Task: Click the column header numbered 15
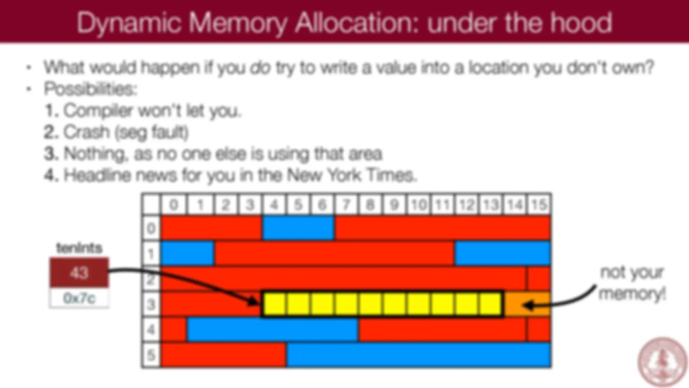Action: [x=539, y=204]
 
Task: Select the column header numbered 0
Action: [x=174, y=204]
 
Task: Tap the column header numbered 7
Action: [x=346, y=204]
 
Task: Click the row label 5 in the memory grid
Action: [x=151, y=355]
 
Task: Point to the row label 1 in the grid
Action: [x=151, y=254]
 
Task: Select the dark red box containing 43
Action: [x=79, y=273]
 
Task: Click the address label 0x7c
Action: [x=79, y=298]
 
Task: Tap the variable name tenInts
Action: [x=79, y=248]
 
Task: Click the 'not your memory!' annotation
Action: [x=632, y=283]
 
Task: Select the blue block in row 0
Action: [x=298, y=228]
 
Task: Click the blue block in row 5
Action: [x=418, y=355]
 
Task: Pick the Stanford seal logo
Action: [x=662, y=362]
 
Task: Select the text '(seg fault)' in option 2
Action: [x=151, y=133]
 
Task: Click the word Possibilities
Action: [x=91, y=89]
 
